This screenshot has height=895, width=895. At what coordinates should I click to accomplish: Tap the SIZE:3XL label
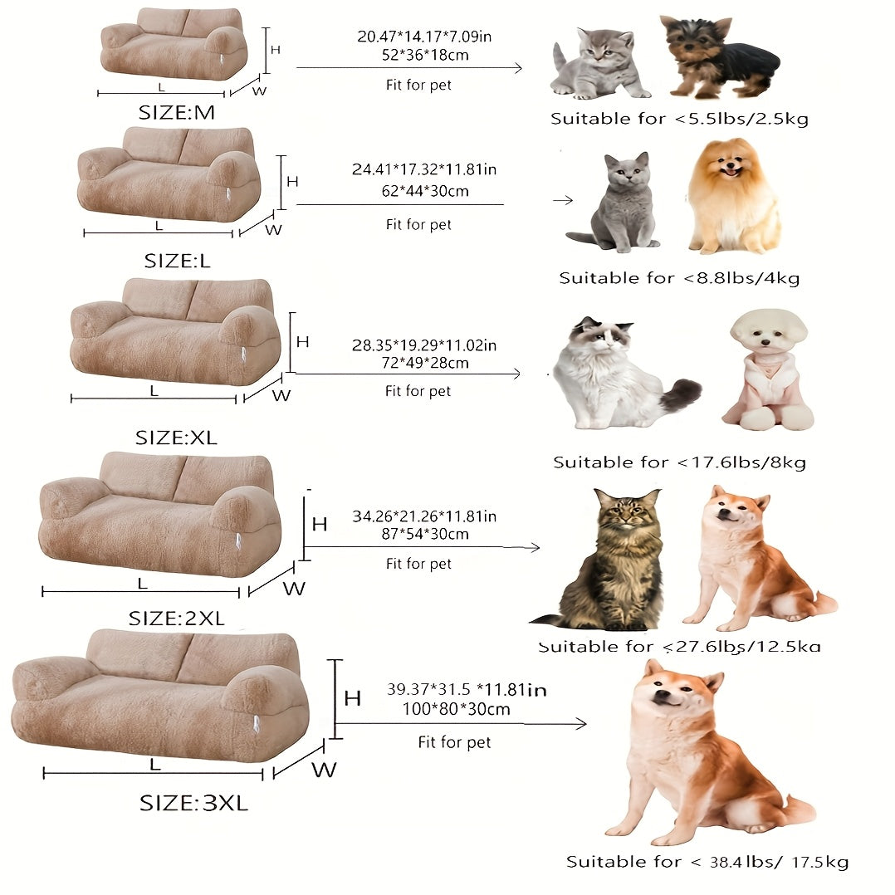[x=193, y=803]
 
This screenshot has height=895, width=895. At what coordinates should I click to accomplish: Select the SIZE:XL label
[x=176, y=438]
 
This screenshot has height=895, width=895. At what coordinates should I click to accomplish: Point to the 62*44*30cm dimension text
[x=422, y=191]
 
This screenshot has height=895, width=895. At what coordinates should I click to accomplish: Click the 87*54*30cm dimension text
[x=423, y=534]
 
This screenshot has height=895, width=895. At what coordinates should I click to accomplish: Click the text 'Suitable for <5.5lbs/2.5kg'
[x=679, y=119]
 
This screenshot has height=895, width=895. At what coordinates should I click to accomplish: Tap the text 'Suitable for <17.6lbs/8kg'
[x=679, y=462]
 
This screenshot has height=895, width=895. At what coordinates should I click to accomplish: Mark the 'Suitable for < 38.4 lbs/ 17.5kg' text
[x=707, y=862]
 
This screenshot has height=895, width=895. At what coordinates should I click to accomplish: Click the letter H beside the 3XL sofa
[x=352, y=698]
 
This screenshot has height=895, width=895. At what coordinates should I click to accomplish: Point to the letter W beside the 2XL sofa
[x=295, y=589]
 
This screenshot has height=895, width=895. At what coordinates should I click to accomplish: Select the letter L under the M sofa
[x=162, y=86]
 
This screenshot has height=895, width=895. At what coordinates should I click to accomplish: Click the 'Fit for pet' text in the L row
[x=418, y=224]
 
